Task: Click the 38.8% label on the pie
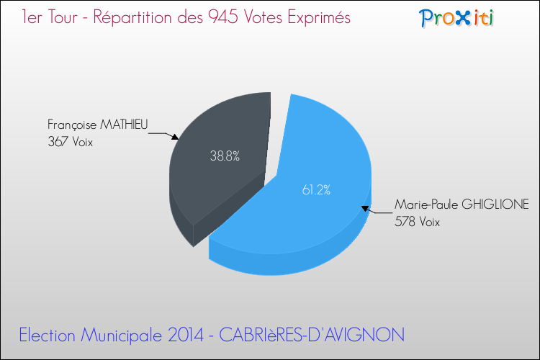(225, 155)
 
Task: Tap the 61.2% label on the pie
(316, 190)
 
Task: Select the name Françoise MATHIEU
(97, 125)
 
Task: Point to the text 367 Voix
(70, 142)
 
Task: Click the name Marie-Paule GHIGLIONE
(462, 205)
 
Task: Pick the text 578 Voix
(417, 222)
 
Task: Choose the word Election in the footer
(51, 335)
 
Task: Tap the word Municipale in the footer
(126, 335)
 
